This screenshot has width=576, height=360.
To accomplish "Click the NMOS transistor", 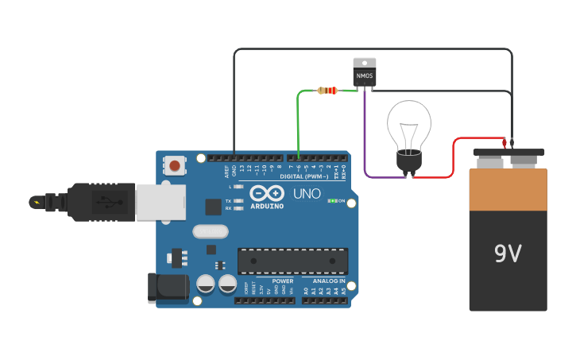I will [x=365, y=72].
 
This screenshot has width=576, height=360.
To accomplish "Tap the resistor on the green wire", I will [x=327, y=91].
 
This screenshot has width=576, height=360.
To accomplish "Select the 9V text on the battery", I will [x=508, y=254].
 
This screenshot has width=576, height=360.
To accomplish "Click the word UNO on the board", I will [x=307, y=193].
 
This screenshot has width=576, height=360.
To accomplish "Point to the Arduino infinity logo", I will [x=267, y=193].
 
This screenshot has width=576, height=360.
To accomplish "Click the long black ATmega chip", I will [x=292, y=261].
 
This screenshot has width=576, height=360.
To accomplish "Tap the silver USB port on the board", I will [x=160, y=202].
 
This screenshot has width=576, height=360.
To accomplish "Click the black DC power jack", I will [x=168, y=287].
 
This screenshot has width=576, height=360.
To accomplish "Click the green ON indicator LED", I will [x=331, y=201].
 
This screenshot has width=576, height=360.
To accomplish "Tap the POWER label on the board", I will [x=283, y=281].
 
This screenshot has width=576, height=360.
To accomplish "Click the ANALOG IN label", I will [x=329, y=281].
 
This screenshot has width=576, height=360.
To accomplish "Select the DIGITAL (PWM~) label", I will [x=304, y=176].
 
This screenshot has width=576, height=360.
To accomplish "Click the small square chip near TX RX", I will [x=213, y=207].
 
